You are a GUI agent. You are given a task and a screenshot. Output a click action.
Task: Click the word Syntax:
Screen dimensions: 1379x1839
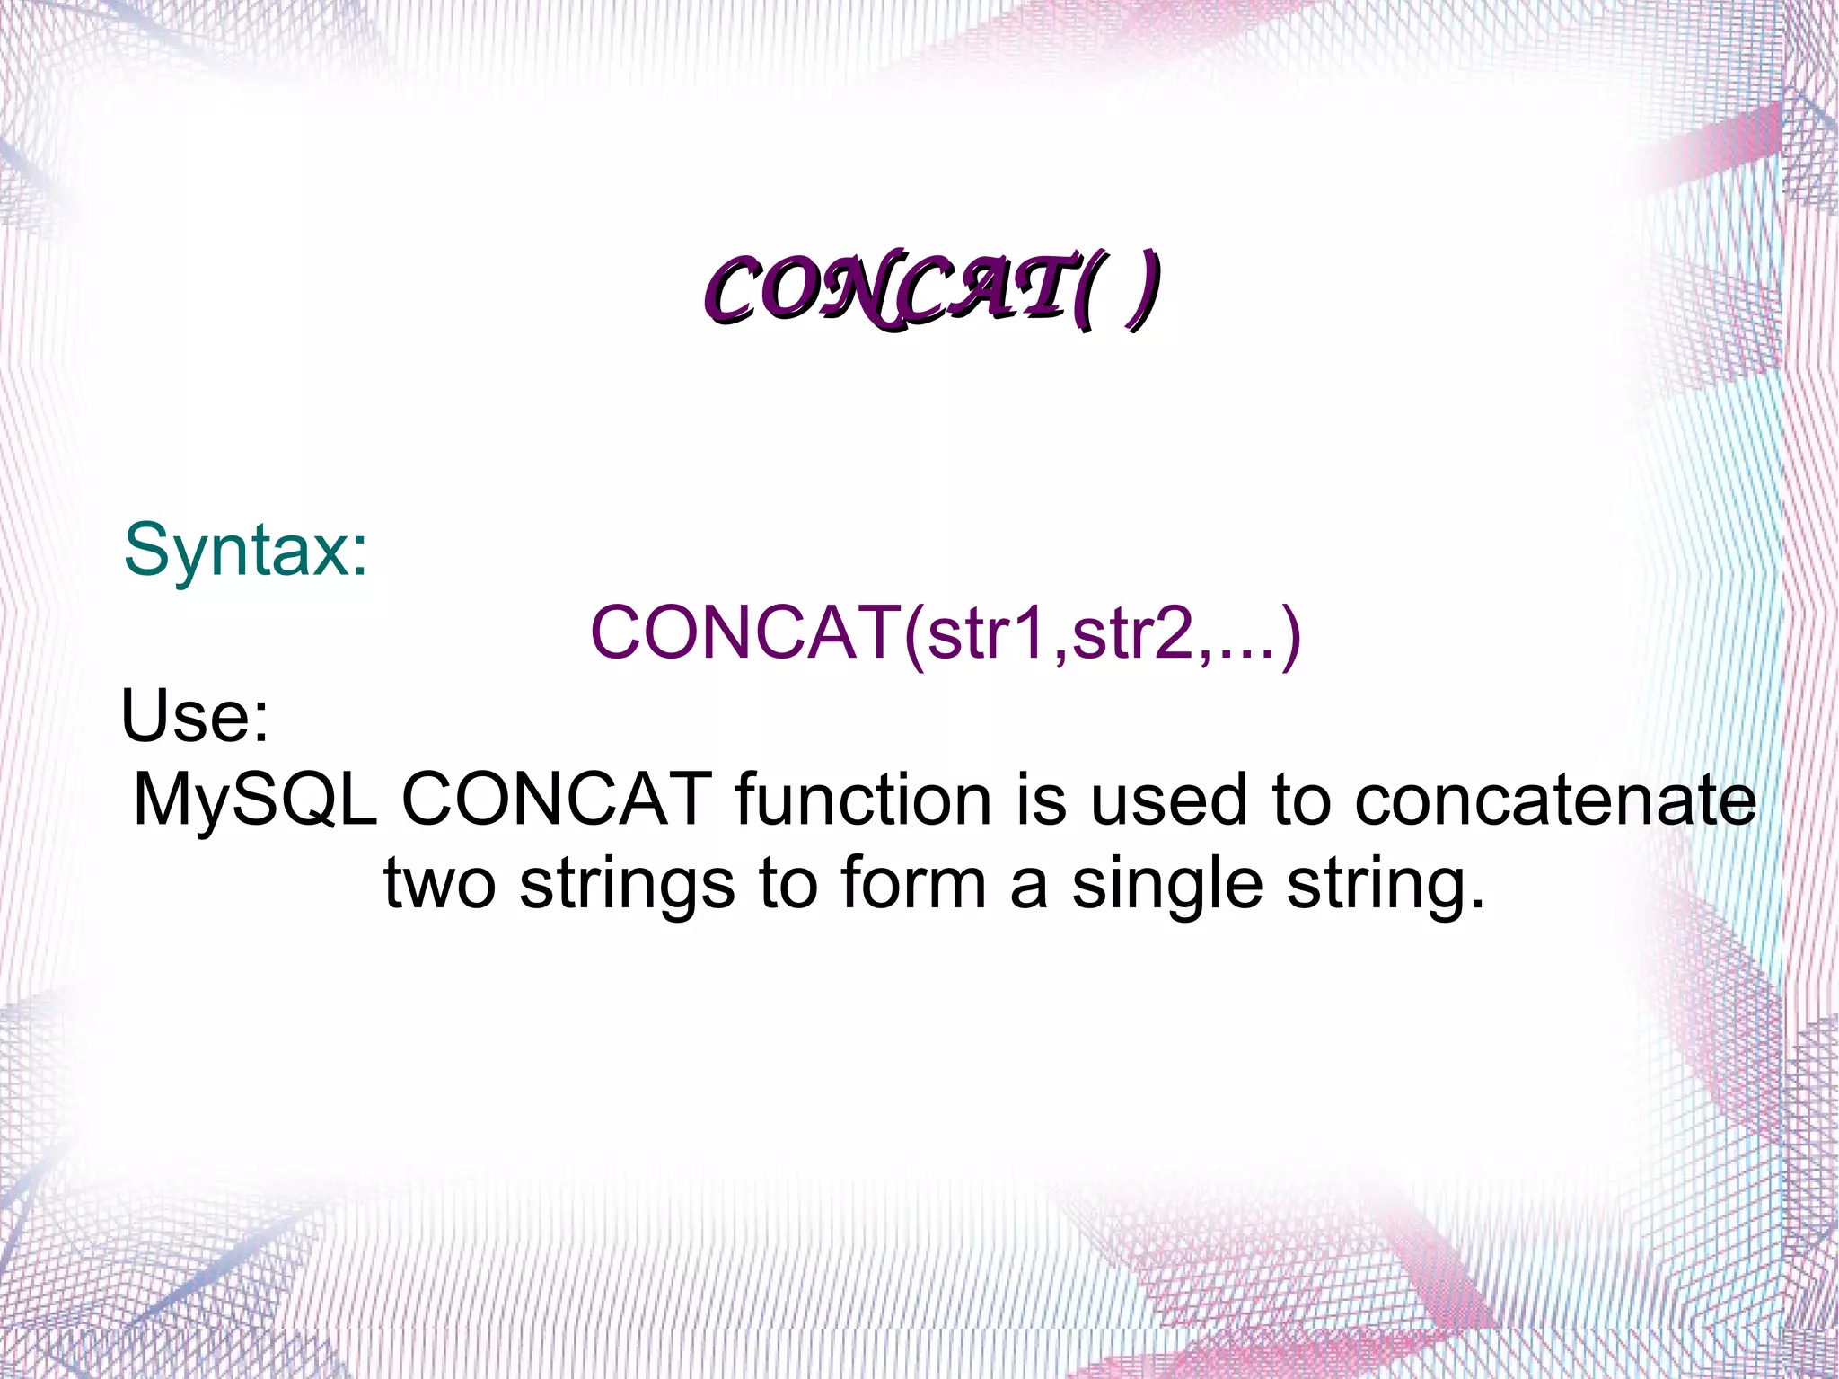pyautogui.click(x=246, y=550)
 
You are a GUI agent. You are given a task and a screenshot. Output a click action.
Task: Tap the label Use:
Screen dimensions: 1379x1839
pyautogui.click(x=195, y=716)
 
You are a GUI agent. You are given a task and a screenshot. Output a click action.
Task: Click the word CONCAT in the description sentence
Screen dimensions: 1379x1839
pyautogui.click(x=557, y=800)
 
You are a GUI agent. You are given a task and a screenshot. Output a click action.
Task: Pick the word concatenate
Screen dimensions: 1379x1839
pyautogui.click(x=1554, y=800)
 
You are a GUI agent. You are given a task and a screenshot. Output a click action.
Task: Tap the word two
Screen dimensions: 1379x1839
pyautogui.click(x=439, y=883)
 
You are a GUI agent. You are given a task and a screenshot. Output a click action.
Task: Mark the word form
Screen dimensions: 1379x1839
pyautogui.click(x=914, y=883)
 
